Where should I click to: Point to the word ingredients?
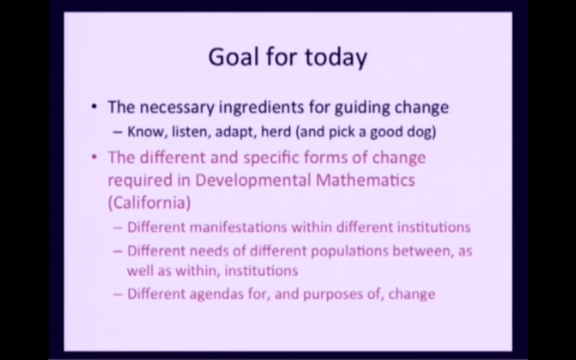(261, 108)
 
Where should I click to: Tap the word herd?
(276, 132)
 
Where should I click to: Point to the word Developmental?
(253, 181)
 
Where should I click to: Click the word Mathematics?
(366, 180)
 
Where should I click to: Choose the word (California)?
(150, 203)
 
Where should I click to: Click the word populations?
(350, 252)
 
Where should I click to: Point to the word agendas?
(216, 295)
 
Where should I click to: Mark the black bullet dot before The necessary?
(94, 106)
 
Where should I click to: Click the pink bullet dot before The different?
(94, 157)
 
